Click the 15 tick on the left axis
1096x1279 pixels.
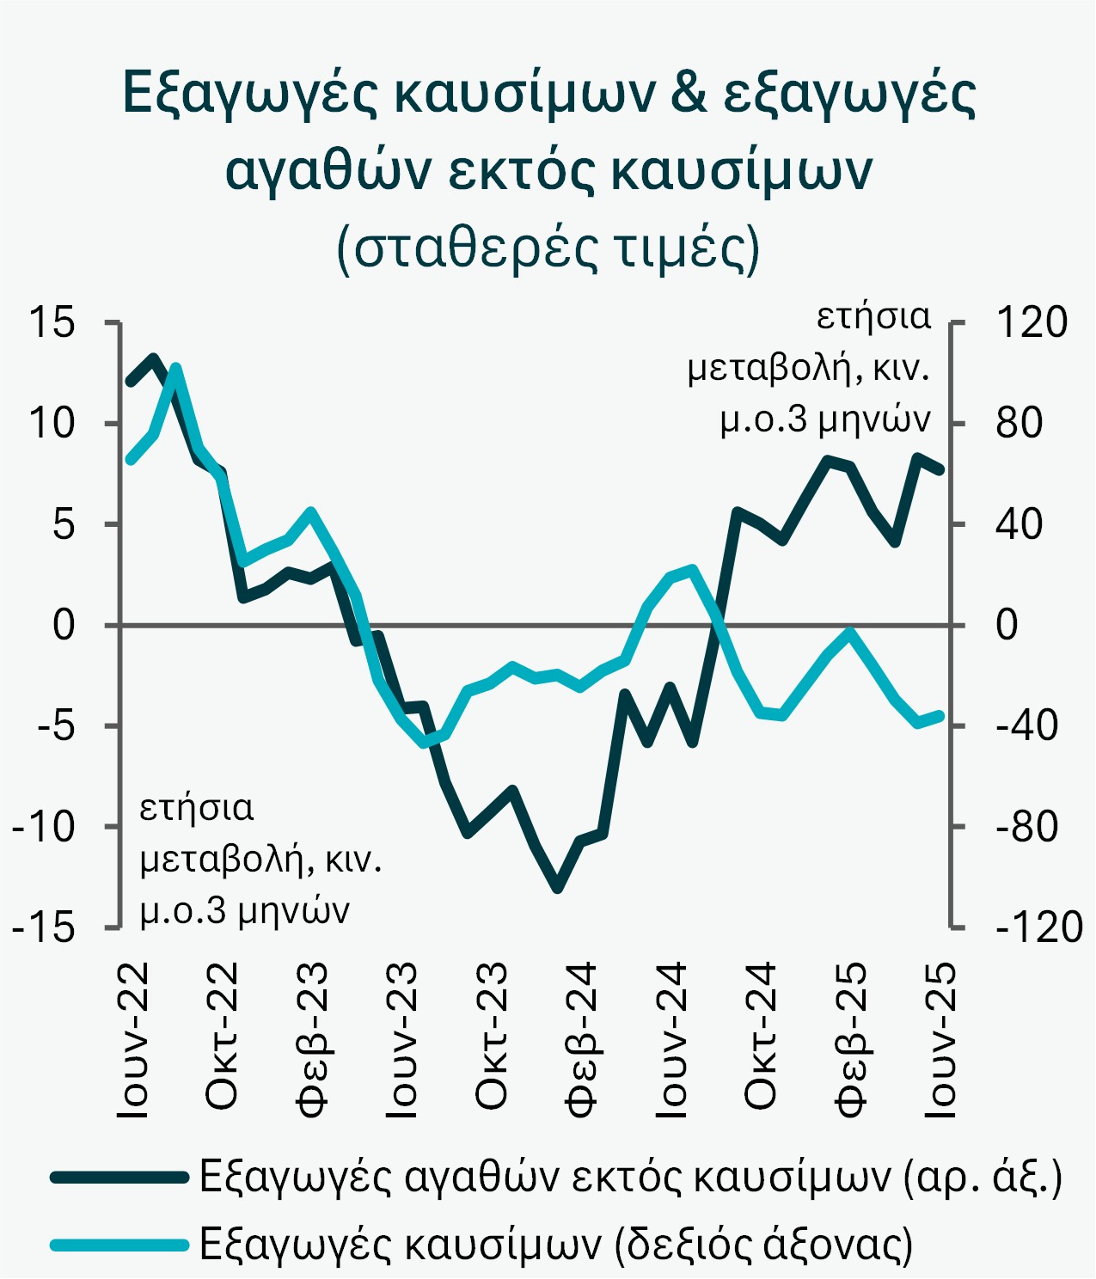point(52,323)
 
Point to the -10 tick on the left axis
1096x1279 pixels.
point(43,827)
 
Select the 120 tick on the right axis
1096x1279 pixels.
point(1031,323)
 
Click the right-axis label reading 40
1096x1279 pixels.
point(1019,524)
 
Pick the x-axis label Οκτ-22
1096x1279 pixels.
point(222,1036)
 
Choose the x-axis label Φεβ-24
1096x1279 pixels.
point(581,1040)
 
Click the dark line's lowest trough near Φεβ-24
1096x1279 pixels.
point(558,887)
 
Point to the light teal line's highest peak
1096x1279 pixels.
point(175,368)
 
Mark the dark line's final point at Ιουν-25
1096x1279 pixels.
point(940,469)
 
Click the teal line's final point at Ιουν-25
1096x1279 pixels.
point(940,715)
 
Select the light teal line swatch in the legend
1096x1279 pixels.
point(119,1244)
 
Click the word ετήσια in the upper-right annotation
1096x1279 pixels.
point(873,316)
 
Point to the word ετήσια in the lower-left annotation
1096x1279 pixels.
point(197,808)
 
